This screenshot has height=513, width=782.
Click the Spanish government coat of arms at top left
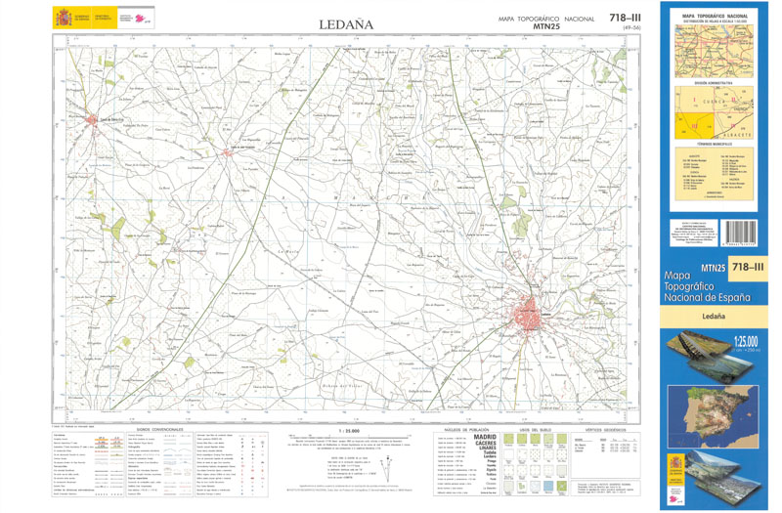coord(65,19)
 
